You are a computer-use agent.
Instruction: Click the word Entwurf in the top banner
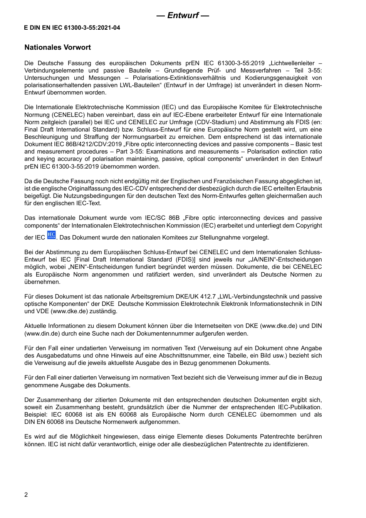(183, 15)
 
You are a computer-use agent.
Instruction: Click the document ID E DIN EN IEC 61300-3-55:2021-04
(72, 28)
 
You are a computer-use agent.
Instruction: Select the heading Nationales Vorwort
(57, 47)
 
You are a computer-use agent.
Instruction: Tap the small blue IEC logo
(51, 235)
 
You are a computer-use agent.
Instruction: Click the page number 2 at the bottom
(26, 495)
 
